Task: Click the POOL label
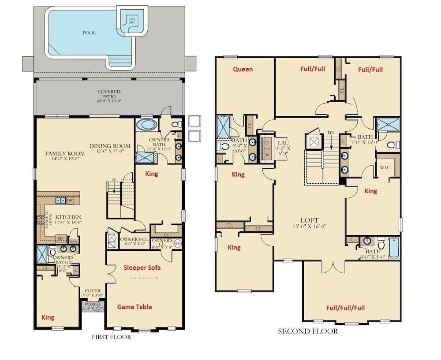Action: pos(89,33)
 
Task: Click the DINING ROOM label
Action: pos(110,146)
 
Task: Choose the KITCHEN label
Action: pos(68,217)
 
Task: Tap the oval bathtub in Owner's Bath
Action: pos(145,124)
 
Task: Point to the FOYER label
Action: pos(93,291)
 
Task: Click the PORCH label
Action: pos(93,304)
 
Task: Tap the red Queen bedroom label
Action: pos(243,69)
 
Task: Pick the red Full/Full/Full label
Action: pos(345,308)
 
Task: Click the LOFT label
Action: pos(309,220)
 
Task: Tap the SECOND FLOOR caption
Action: pos(307,331)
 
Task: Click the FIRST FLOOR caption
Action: pos(111,338)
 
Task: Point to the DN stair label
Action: pos(332,133)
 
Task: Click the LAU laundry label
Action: pos(282,143)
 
